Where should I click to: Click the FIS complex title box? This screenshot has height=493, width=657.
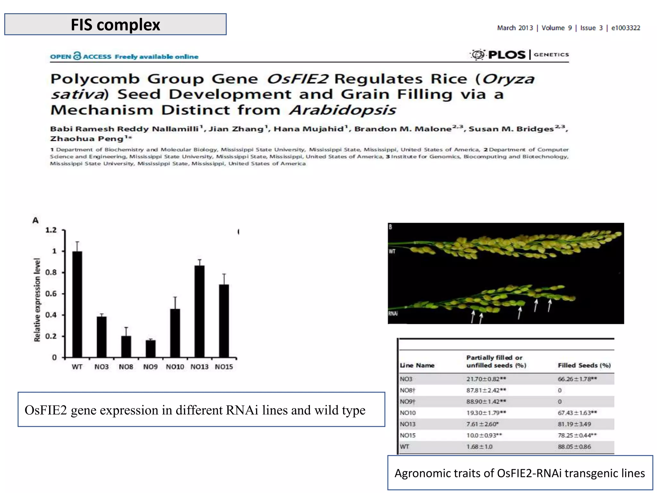[115, 24]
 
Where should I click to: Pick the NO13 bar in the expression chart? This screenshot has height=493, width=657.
[199, 311]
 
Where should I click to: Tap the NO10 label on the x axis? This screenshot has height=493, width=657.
[175, 367]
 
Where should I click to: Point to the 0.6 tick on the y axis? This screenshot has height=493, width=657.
[51, 294]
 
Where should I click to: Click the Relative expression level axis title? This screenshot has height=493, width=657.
[37, 300]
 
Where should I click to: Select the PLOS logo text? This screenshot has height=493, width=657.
[507, 55]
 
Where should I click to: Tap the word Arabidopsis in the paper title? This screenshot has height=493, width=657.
[343, 110]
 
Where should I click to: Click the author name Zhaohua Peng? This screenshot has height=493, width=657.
[87, 139]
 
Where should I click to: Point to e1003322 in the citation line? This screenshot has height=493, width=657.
[626, 28]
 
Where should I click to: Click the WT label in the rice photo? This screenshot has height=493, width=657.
[392, 251]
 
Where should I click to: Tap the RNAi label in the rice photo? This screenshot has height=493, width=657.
[393, 314]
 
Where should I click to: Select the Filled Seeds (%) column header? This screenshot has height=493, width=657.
[584, 365]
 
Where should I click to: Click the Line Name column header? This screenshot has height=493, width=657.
[417, 365]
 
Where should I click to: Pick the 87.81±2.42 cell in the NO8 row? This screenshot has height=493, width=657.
[486, 390]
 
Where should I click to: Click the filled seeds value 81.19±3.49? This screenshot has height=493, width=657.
[574, 424]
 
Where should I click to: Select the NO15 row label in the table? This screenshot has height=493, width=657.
[408, 435]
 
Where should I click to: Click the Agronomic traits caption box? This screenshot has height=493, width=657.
[520, 473]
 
